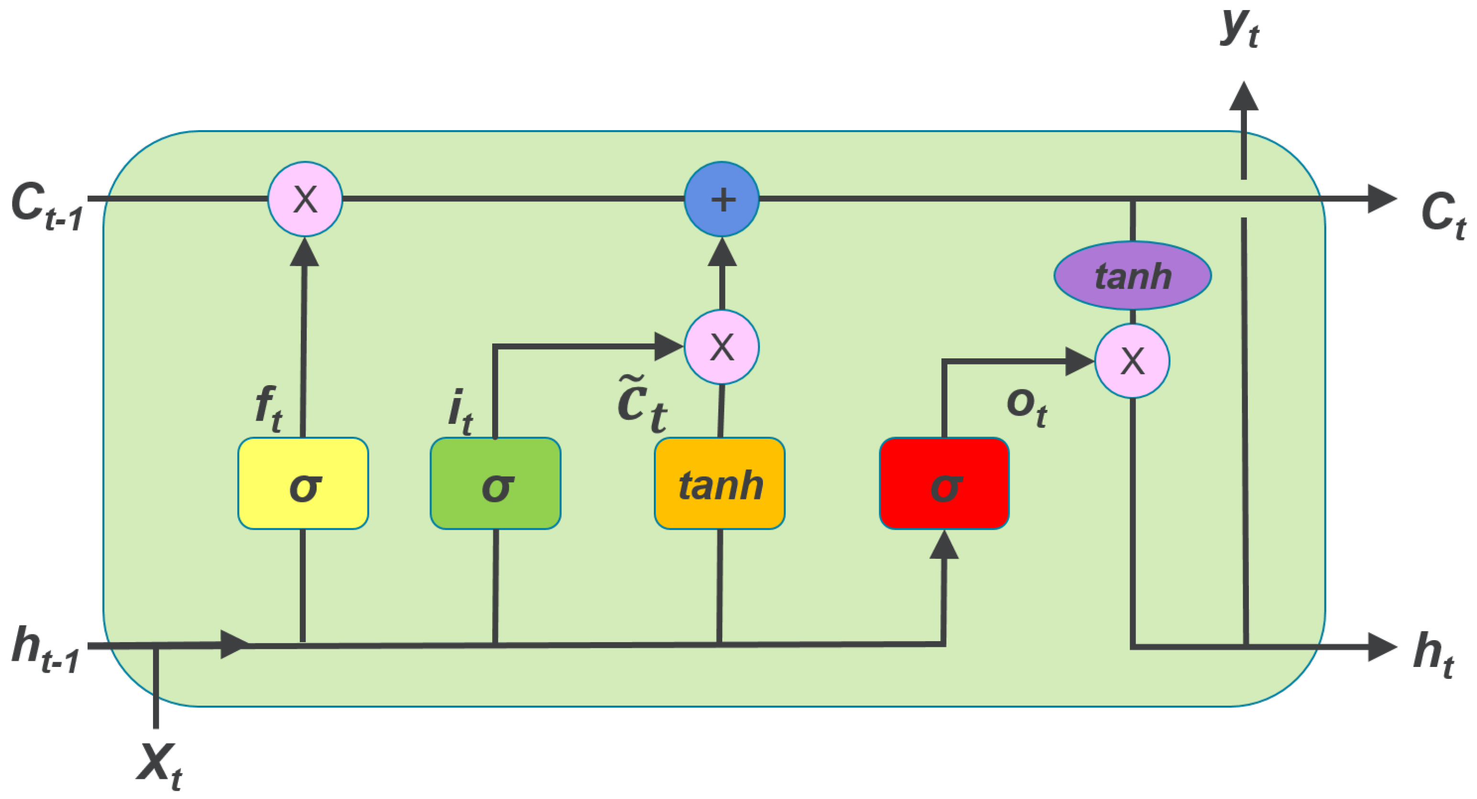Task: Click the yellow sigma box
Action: pyautogui.click(x=303, y=483)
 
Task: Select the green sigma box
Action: pyautogui.click(x=496, y=483)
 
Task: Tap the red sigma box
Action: pyautogui.click(x=944, y=483)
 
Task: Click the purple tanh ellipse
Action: pyautogui.click(x=1133, y=275)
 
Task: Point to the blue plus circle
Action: pyautogui.click(x=722, y=199)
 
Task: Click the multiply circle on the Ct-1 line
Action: pyautogui.click(x=305, y=199)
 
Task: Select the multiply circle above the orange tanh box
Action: pyautogui.click(x=722, y=347)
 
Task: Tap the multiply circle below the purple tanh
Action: pyautogui.click(x=1133, y=361)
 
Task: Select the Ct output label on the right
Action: pyautogui.click(x=1442, y=215)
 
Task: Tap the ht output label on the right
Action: pyautogui.click(x=1433, y=654)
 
